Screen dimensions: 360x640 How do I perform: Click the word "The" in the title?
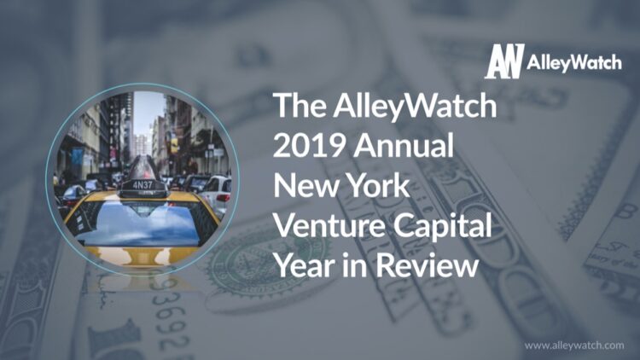(295, 106)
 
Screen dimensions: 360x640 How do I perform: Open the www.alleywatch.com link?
(574, 345)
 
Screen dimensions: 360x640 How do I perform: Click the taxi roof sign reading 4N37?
(143, 183)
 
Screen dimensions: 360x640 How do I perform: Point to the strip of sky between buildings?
(147, 112)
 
